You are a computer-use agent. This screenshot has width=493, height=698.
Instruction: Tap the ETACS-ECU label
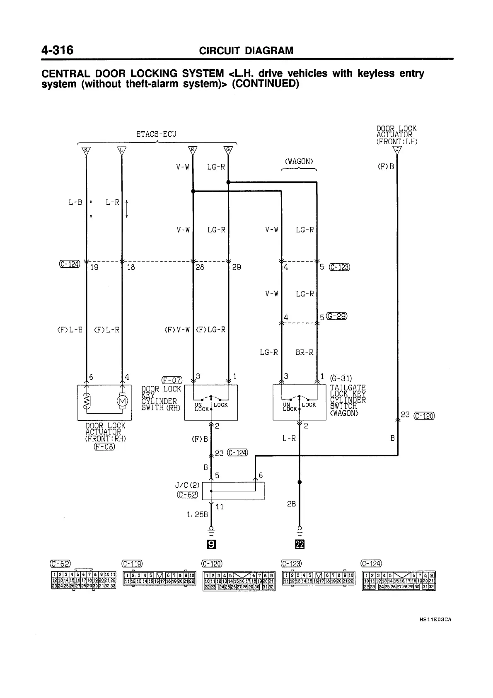click(156, 134)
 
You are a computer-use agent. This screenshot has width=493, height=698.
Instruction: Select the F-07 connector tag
click(172, 380)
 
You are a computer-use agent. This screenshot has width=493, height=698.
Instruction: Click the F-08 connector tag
click(104, 446)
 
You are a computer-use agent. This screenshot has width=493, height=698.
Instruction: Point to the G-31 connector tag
click(341, 378)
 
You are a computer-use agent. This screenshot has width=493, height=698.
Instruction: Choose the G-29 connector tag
click(337, 317)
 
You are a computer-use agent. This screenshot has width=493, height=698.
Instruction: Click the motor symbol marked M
click(122, 401)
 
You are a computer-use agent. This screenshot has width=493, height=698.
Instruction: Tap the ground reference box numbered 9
click(211, 544)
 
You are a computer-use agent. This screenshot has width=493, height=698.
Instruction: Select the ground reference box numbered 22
click(300, 544)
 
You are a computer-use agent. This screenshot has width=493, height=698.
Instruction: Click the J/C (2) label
click(187, 485)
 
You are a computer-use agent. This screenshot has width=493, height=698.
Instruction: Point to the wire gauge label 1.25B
click(196, 514)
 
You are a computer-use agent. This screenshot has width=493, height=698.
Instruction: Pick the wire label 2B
click(291, 504)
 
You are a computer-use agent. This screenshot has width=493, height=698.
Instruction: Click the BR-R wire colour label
click(304, 353)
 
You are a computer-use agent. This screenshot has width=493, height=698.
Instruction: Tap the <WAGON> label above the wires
click(299, 162)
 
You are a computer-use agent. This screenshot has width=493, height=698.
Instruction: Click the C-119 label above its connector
click(132, 563)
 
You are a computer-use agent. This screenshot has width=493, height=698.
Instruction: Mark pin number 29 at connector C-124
click(237, 268)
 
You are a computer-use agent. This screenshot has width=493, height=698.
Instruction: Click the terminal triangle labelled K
click(86, 150)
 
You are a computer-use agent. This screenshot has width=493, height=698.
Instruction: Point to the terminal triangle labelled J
click(397, 150)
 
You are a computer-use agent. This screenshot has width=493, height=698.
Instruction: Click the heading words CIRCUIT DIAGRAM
click(246, 51)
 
